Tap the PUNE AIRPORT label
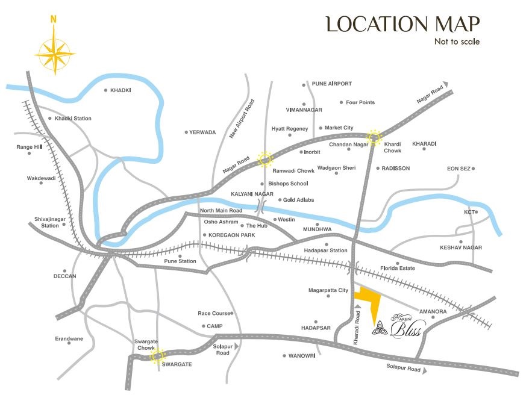331,84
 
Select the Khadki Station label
73,119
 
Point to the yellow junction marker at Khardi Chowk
374,137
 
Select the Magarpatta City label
328,291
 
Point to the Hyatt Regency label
290,129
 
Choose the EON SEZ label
458,169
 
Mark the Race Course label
214,313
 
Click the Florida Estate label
398,268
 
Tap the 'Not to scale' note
457,42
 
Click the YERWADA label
202,132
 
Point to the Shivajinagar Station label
46,222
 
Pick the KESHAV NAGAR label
461,247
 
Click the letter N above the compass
54,19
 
